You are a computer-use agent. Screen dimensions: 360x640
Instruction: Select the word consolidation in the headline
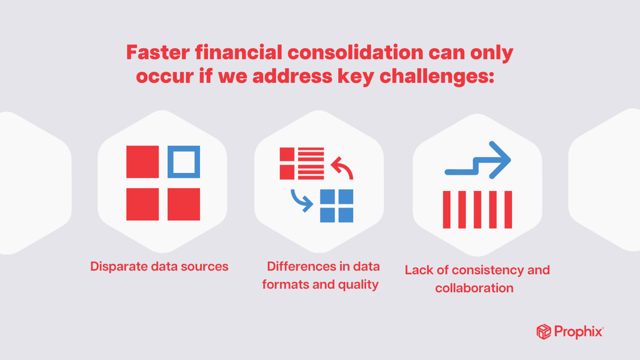pos(354,53)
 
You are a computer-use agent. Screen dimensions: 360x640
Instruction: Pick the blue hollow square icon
pos(184,161)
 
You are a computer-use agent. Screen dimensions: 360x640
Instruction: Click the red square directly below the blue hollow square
pos(184,204)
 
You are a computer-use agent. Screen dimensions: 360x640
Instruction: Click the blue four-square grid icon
pos(336,206)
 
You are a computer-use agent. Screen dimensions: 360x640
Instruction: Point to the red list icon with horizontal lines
pos(302,163)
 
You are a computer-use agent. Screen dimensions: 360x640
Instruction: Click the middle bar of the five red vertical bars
pos(477,210)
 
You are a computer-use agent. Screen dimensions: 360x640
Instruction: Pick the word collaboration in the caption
pos(474,288)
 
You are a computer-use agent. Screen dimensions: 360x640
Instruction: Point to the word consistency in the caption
pos(488,270)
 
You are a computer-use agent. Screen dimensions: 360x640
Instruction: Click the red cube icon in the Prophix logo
pos(544,332)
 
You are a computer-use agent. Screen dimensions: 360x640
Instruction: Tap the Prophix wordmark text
pos(578,332)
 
